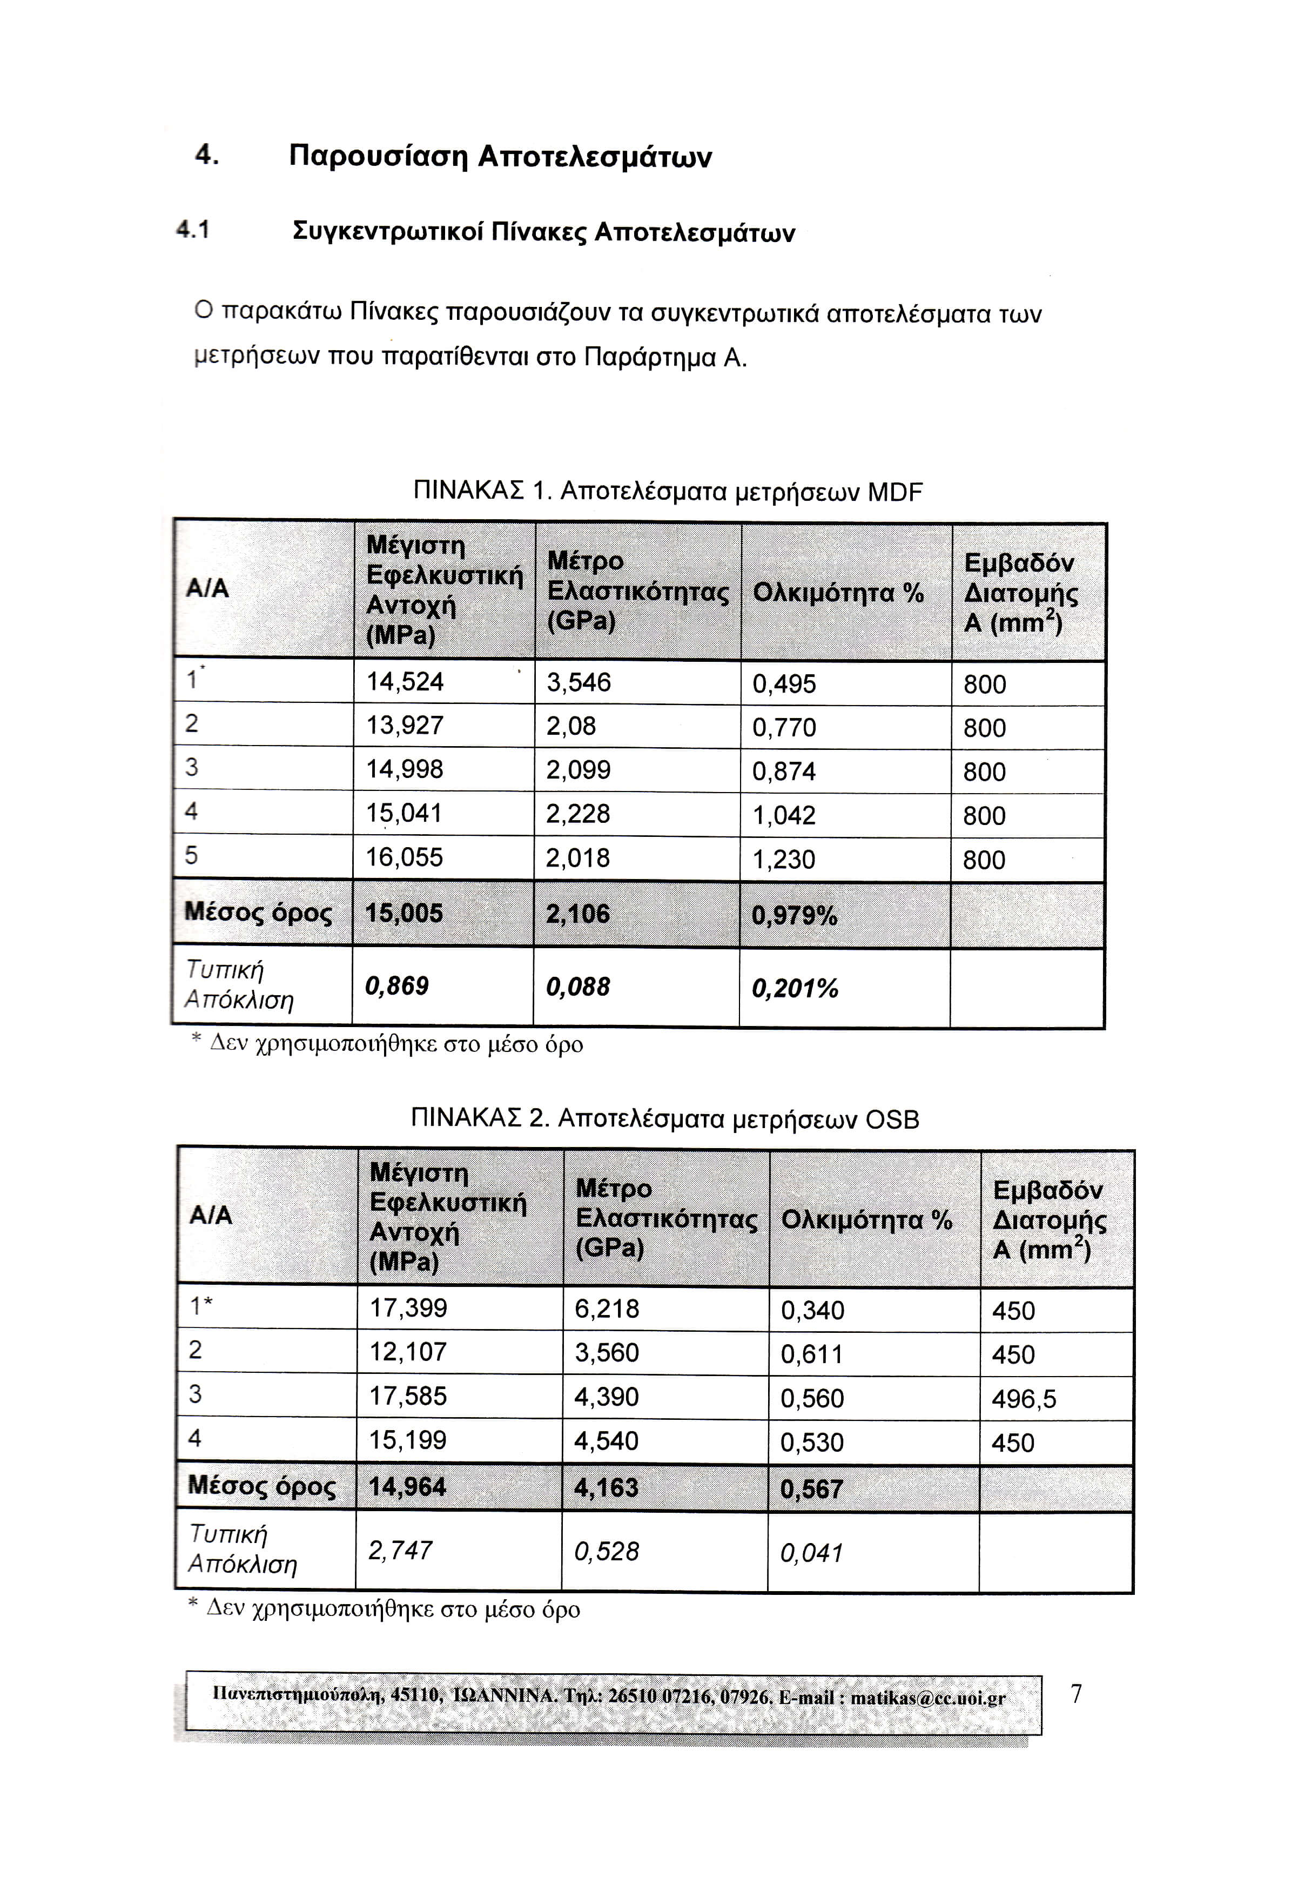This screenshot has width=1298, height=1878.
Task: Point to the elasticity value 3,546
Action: pyautogui.click(x=579, y=682)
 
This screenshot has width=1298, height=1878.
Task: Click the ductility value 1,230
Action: pyautogui.click(x=783, y=859)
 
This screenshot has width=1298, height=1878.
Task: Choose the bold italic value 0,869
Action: pyautogui.click(x=397, y=986)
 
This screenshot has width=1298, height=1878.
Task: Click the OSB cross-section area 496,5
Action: pyautogui.click(x=1024, y=1398)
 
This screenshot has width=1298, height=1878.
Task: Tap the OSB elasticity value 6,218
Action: pyautogui.click(x=607, y=1308)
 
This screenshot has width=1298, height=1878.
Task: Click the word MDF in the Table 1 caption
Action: pyautogui.click(x=896, y=492)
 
